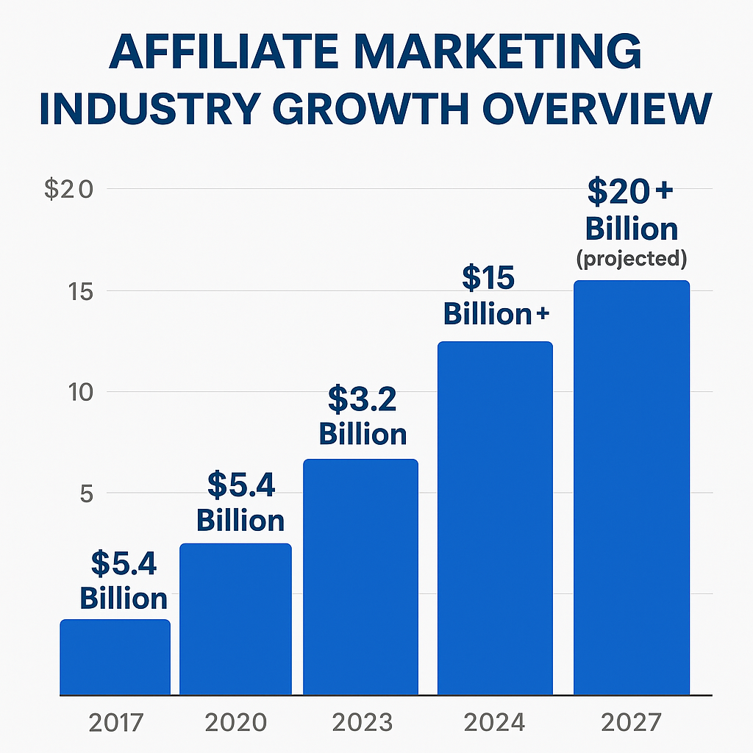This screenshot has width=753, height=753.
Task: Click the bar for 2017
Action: click(115, 657)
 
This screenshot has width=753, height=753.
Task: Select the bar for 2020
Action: click(235, 618)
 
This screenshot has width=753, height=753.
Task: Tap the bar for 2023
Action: click(360, 577)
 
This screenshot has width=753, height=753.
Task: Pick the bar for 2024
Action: click(495, 518)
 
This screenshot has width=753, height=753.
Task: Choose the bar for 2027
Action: click(632, 487)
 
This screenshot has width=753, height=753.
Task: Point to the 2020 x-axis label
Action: click(235, 723)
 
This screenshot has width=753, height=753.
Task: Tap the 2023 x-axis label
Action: click(362, 723)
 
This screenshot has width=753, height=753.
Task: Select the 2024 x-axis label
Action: click(495, 723)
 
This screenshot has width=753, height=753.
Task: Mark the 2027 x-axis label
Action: click(632, 723)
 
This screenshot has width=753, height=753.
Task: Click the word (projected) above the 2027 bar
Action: click(632, 259)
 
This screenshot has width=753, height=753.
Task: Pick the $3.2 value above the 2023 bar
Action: click(362, 399)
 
